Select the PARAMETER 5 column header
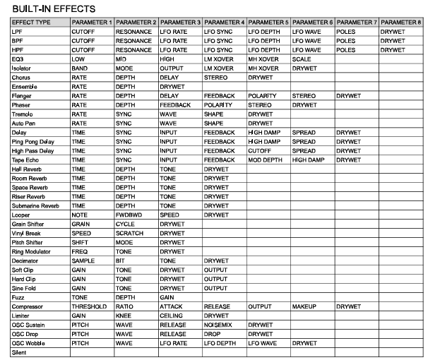point(268,23)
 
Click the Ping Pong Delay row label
point(33,141)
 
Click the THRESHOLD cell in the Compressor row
point(88,306)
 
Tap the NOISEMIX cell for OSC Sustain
point(218,325)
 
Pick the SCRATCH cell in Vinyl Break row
point(129,233)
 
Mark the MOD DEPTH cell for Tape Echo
point(264,160)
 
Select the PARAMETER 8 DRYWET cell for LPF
point(392,32)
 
